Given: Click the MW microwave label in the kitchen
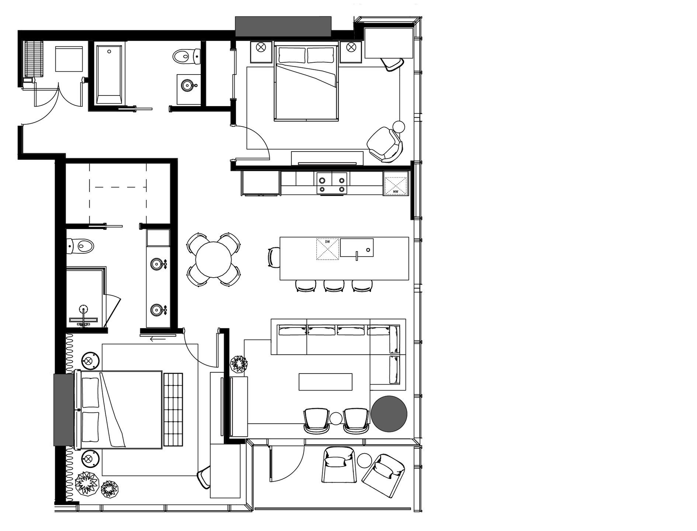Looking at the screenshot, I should (x=395, y=191).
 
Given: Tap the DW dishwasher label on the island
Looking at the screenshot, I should (x=327, y=242).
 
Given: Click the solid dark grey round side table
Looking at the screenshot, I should (x=389, y=414).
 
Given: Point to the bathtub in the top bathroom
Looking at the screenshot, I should (x=109, y=74).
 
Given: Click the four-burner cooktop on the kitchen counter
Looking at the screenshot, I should (x=332, y=183).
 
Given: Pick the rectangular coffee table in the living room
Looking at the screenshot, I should (x=325, y=382).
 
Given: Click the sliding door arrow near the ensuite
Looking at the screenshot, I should (x=158, y=338).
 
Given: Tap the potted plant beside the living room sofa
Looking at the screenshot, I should (x=239, y=365).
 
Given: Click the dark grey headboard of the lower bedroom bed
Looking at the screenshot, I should (x=64, y=409).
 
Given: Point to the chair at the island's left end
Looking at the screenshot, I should (x=273, y=257).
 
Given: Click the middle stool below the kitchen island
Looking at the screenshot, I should (x=334, y=286).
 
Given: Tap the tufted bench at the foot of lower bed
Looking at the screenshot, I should (x=173, y=409).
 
